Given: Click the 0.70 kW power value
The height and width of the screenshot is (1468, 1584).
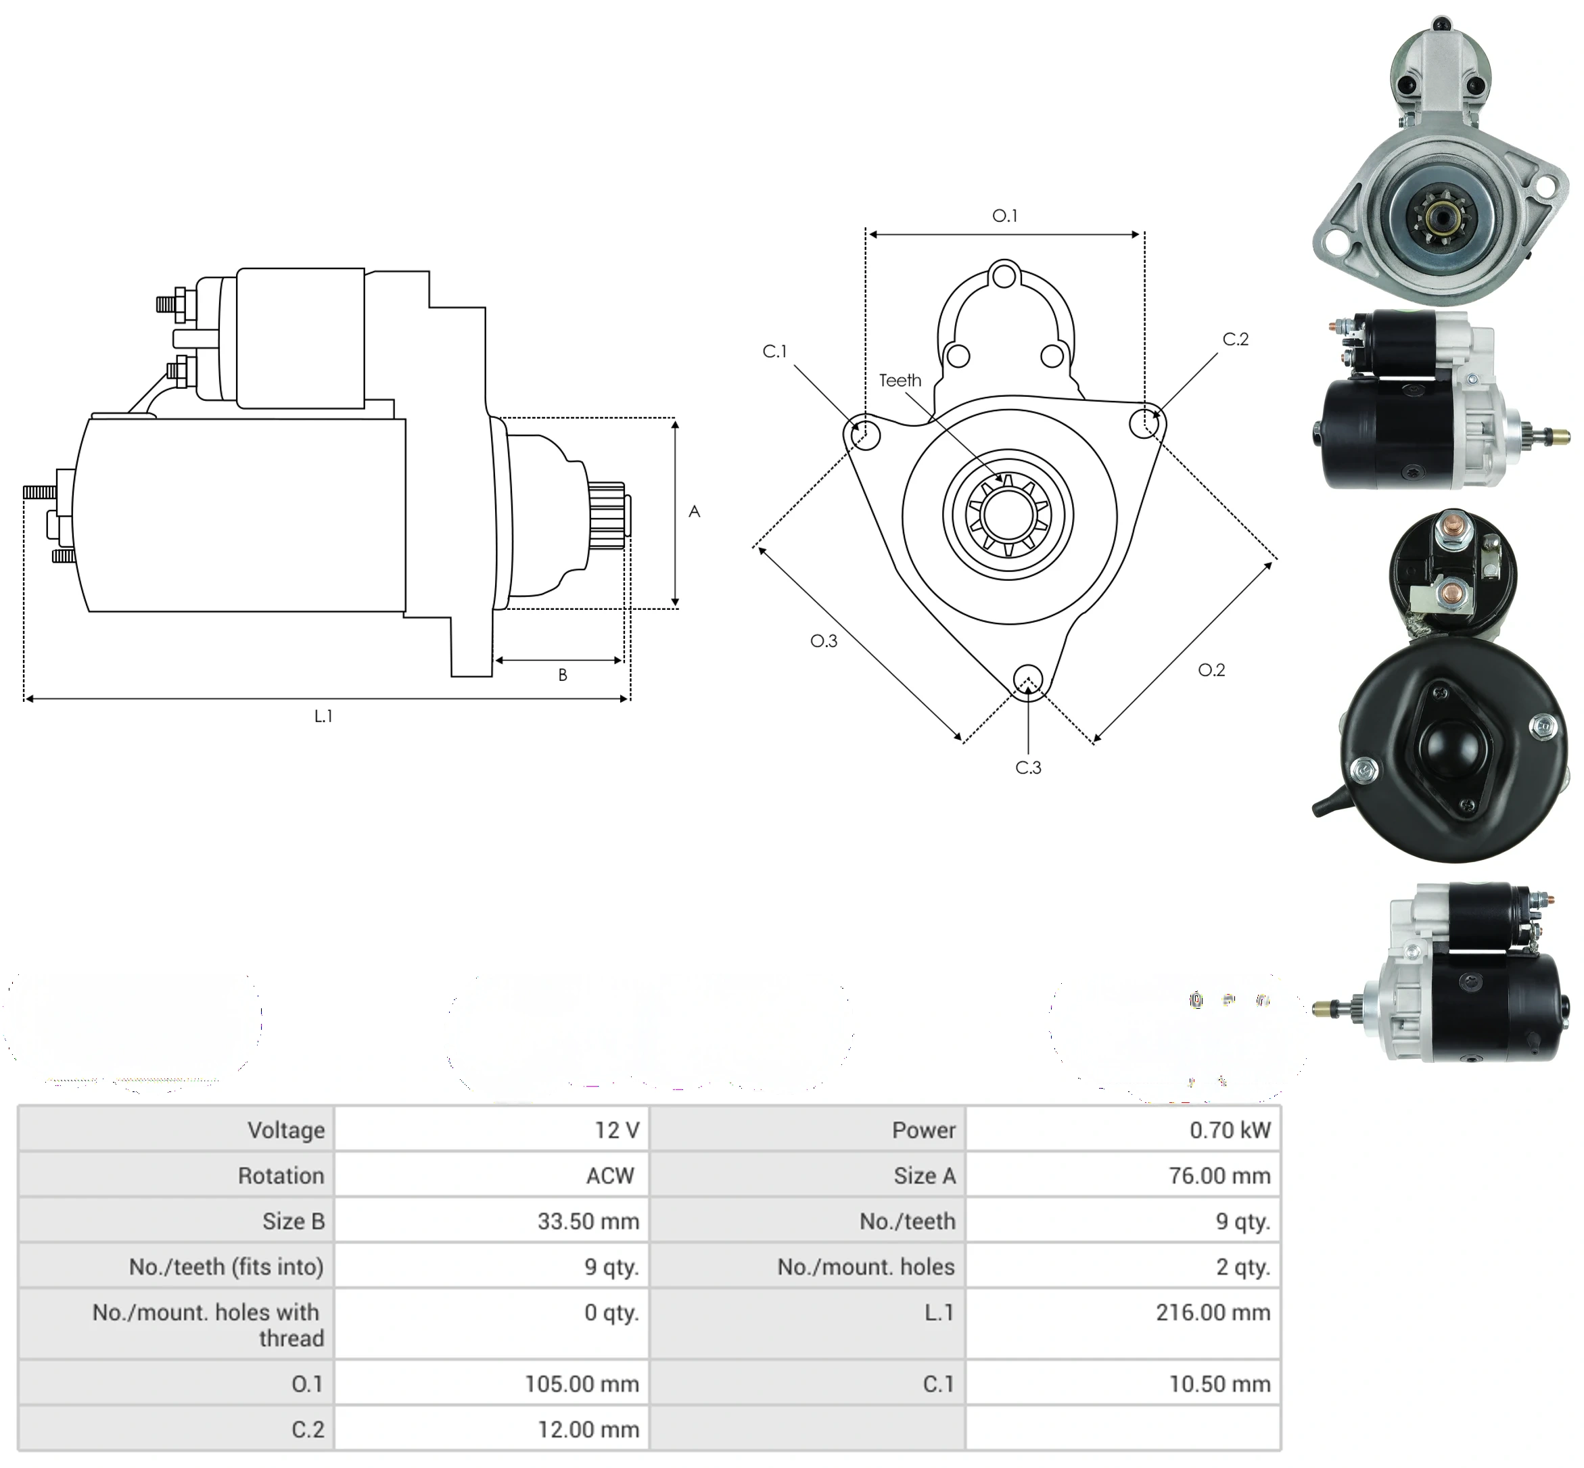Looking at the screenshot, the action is coord(1230,1130).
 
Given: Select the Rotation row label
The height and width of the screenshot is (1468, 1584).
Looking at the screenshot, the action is coord(281,1175).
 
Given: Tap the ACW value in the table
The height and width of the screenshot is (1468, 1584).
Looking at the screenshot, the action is coord(610,1175).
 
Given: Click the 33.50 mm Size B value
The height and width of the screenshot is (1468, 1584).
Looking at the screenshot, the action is coord(588,1221).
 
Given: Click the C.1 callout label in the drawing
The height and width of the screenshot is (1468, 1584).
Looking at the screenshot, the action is coord(774,351).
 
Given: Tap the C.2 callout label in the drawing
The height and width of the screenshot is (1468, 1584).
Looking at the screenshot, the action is coord(1235,339).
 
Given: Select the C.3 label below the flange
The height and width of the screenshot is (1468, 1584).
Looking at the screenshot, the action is coord(1028,767).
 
